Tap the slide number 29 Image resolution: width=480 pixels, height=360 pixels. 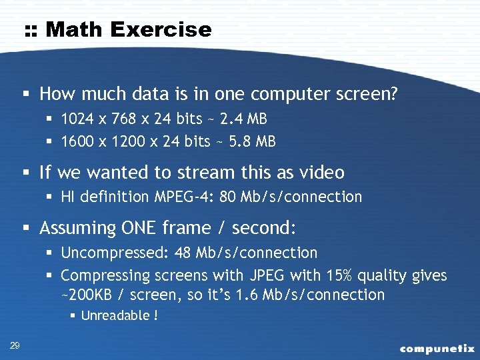click(14, 345)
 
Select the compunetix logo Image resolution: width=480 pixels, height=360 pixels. click(437, 348)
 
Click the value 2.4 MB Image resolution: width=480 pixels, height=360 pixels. click(243, 119)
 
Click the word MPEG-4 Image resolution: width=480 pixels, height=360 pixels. click(183, 197)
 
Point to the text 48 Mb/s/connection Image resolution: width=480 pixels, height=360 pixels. click(245, 253)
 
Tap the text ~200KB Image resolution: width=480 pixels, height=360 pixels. click(85, 295)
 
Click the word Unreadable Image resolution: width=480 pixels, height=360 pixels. click(114, 315)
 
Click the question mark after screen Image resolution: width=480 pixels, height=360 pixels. click(393, 94)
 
